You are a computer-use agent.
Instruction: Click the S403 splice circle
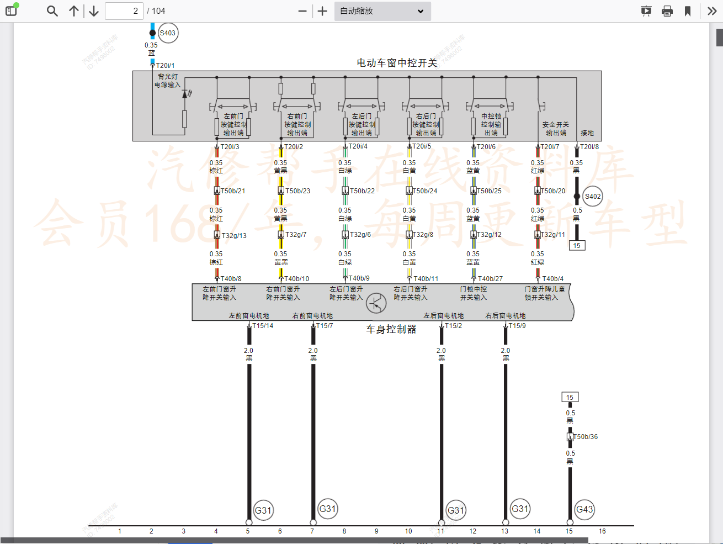coord(168,33)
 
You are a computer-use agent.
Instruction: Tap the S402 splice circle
coord(593,197)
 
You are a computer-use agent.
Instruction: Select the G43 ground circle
coord(584,510)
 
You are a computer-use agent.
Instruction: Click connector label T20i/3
coord(230,147)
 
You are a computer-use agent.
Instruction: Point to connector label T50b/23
coord(297,191)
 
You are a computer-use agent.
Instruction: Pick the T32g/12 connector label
coord(490,235)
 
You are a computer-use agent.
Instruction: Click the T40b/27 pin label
coord(490,279)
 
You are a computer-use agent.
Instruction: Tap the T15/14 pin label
coord(263,326)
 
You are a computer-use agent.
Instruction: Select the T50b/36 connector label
coord(586,437)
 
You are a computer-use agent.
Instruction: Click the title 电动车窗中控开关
coord(397,63)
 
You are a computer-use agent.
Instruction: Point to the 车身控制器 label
coord(391,329)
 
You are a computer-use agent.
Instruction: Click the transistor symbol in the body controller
coord(376,303)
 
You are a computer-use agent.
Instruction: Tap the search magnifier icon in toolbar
coord(52,11)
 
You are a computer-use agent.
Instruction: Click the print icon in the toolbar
coord(667,11)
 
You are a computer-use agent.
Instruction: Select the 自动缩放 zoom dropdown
coord(382,11)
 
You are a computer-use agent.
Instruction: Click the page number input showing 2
coord(124,11)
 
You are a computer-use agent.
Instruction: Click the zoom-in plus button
coord(323,11)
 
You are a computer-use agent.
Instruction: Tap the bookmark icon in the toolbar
coord(688,11)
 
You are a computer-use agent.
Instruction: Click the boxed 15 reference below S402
coord(577,246)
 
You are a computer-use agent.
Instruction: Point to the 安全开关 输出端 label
coord(556,129)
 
